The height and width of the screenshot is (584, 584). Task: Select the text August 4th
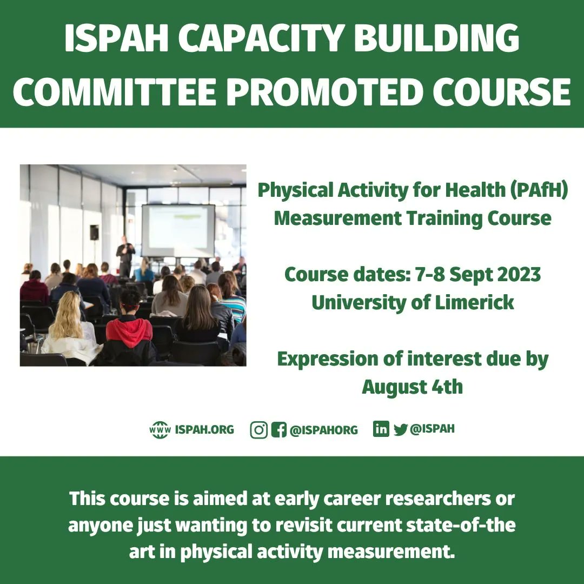tap(412, 387)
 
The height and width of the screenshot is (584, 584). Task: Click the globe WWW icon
tap(160, 430)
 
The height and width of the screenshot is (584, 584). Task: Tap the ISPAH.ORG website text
tap(205, 430)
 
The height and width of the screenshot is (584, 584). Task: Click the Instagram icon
tap(259, 430)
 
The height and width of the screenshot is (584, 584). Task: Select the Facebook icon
tap(278, 430)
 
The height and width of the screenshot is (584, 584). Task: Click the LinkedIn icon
tap(381, 429)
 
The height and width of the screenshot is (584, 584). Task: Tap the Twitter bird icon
tap(400, 430)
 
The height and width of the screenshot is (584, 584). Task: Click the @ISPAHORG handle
tap(324, 430)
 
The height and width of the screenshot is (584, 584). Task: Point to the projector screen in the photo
tap(178, 230)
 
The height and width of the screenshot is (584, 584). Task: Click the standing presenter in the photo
tap(125, 256)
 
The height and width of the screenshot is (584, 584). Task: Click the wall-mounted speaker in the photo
tap(94, 232)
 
